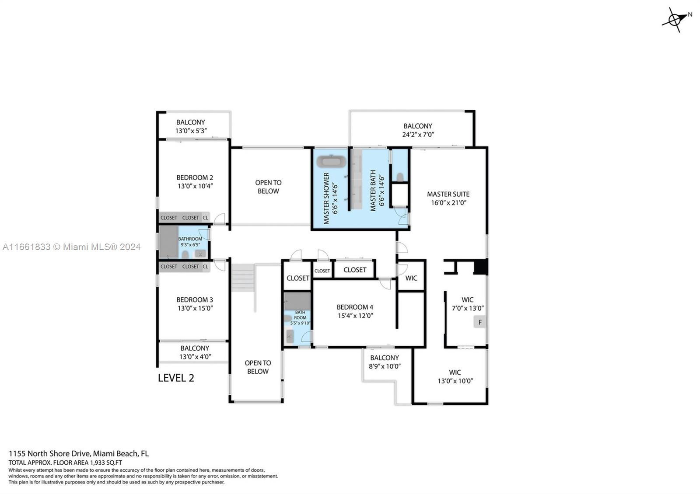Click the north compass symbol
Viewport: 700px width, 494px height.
(675, 20)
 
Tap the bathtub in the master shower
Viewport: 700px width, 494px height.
(331, 161)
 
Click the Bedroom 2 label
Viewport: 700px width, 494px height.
(195, 177)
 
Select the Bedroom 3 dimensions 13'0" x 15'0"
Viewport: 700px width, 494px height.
(195, 308)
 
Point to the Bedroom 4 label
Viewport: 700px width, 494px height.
(355, 307)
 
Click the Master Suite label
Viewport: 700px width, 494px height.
(448, 194)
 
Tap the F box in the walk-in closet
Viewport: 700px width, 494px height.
(479, 322)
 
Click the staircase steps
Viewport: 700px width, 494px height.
(242, 278)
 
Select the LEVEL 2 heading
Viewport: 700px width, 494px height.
(176, 378)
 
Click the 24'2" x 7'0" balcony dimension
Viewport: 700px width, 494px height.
(418, 135)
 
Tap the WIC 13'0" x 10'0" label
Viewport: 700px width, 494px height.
(455, 377)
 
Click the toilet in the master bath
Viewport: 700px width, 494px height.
(399, 177)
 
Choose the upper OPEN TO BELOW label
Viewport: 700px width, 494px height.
(268, 187)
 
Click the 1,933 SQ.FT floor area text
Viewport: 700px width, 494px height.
(106, 463)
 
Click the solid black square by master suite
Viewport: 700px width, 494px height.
(481, 267)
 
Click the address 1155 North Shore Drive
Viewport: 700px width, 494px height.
(49, 453)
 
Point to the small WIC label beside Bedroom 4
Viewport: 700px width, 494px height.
(411, 278)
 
